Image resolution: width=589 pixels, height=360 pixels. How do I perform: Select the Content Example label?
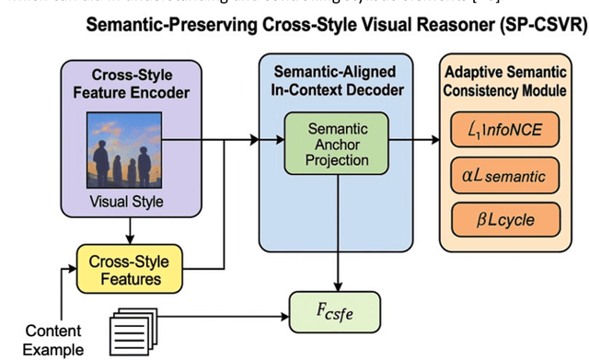click(53, 338)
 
